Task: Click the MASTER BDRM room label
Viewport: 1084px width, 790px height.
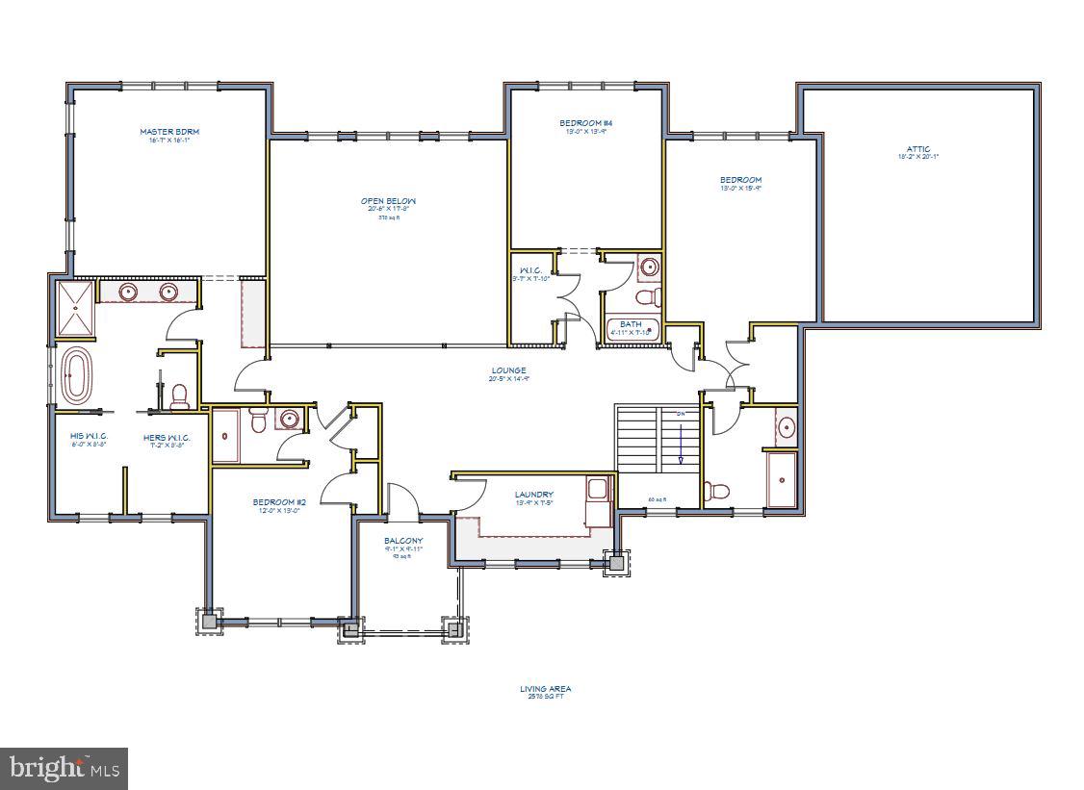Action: coord(169,132)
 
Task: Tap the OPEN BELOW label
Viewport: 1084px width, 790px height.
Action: coord(388,201)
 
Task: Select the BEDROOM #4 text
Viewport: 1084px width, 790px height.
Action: coord(586,123)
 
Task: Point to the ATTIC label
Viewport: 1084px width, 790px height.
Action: coord(917,149)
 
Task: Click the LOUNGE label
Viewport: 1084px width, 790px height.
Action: coord(508,370)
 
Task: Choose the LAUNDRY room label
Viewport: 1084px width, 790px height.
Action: coord(534,495)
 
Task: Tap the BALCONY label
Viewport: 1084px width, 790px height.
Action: coord(403,541)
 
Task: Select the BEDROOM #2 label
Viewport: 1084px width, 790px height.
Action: coord(279,501)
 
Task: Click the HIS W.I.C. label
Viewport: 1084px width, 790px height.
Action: coord(89,436)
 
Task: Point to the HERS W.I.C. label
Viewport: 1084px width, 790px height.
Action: coord(167,438)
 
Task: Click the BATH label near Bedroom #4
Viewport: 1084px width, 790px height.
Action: coord(631,324)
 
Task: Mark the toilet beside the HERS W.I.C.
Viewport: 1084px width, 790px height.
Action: coord(178,396)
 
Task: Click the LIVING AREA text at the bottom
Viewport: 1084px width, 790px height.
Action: coord(546,689)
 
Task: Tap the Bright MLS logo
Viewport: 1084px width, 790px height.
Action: coord(64,768)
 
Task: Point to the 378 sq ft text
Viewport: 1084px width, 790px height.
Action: coord(388,218)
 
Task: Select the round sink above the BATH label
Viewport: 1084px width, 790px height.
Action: coord(650,267)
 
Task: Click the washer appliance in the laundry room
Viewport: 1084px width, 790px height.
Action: coord(598,490)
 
